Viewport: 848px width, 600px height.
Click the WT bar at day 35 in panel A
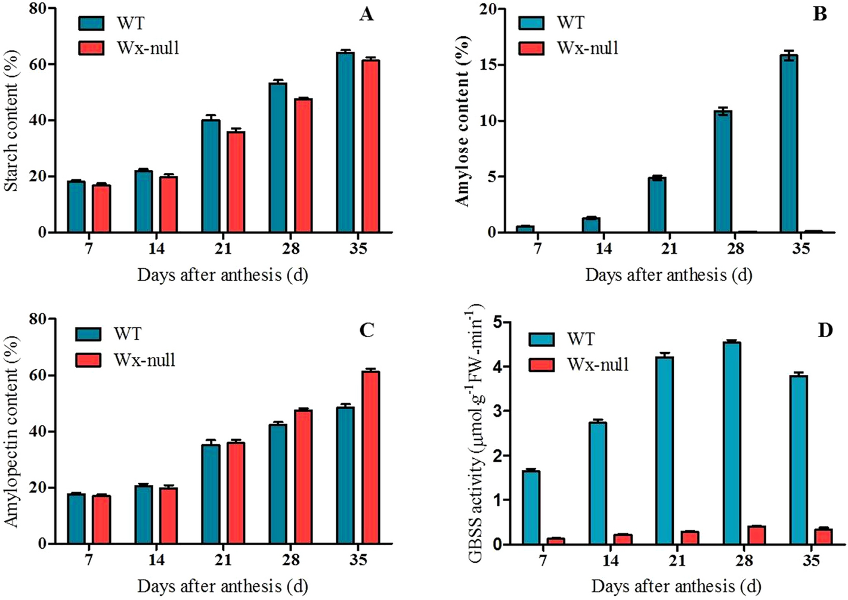(x=345, y=142)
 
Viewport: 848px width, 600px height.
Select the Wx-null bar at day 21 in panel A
(x=236, y=182)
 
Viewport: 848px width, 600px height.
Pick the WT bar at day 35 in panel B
(x=788, y=144)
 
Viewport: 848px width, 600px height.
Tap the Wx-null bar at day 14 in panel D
(x=623, y=539)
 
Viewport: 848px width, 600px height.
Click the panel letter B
(x=820, y=14)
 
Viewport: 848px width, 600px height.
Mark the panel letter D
(x=825, y=329)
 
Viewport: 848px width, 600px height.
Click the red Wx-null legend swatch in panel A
(x=91, y=48)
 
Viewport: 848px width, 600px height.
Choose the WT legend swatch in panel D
(x=541, y=339)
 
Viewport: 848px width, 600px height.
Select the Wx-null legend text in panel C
(x=144, y=360)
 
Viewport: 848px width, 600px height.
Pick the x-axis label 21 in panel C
(x=223, y=559)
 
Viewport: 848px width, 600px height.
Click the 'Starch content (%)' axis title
(x=11, y=121)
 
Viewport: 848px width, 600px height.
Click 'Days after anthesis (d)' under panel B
(x=668, y=275)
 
